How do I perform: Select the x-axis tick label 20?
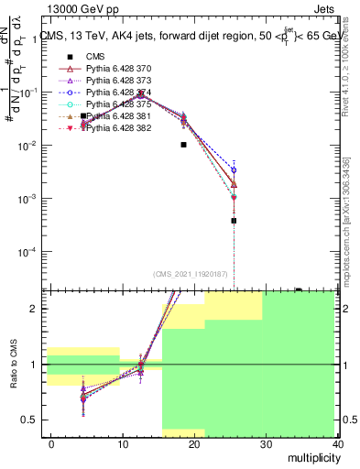195,443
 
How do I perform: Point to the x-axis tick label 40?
338,443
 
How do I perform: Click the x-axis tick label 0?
51,443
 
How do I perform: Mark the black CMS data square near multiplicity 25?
235,221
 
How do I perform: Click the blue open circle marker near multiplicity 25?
235,169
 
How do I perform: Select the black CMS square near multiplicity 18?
184,144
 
